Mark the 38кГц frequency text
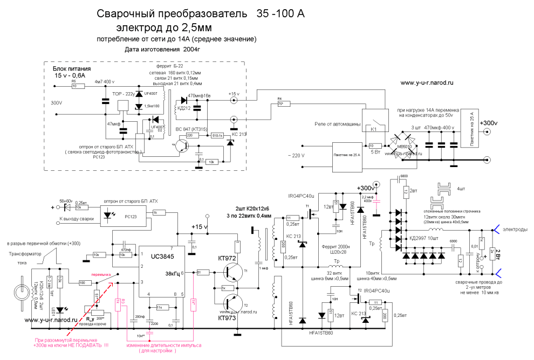pos(173,273)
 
